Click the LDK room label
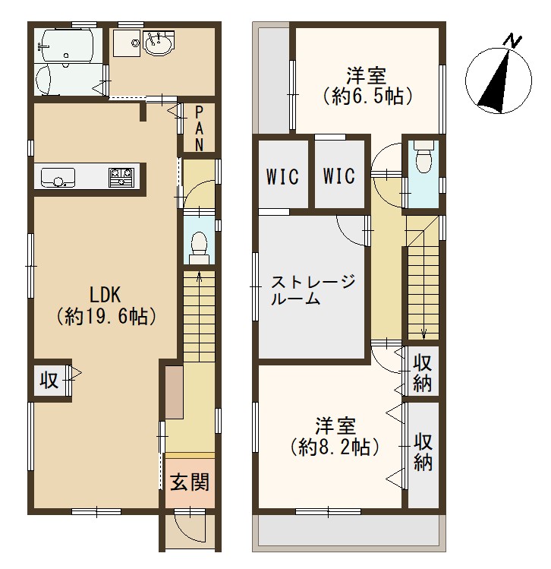coord(105,294)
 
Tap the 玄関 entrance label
coord(190,482)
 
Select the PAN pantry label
coord(199,129)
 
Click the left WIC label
coord(282,176)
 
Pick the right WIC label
coord(339,176)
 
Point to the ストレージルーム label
coord(313,290)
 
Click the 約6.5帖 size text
coord(367,96)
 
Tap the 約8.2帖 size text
coord(335,447)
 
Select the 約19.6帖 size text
coord(105,317)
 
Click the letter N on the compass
coord(513,40)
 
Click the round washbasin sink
coord(159,43)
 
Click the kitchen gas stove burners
coord(121,178)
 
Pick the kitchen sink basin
coord(58,178)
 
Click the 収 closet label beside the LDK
coord(49,381)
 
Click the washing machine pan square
coord(127,43)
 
